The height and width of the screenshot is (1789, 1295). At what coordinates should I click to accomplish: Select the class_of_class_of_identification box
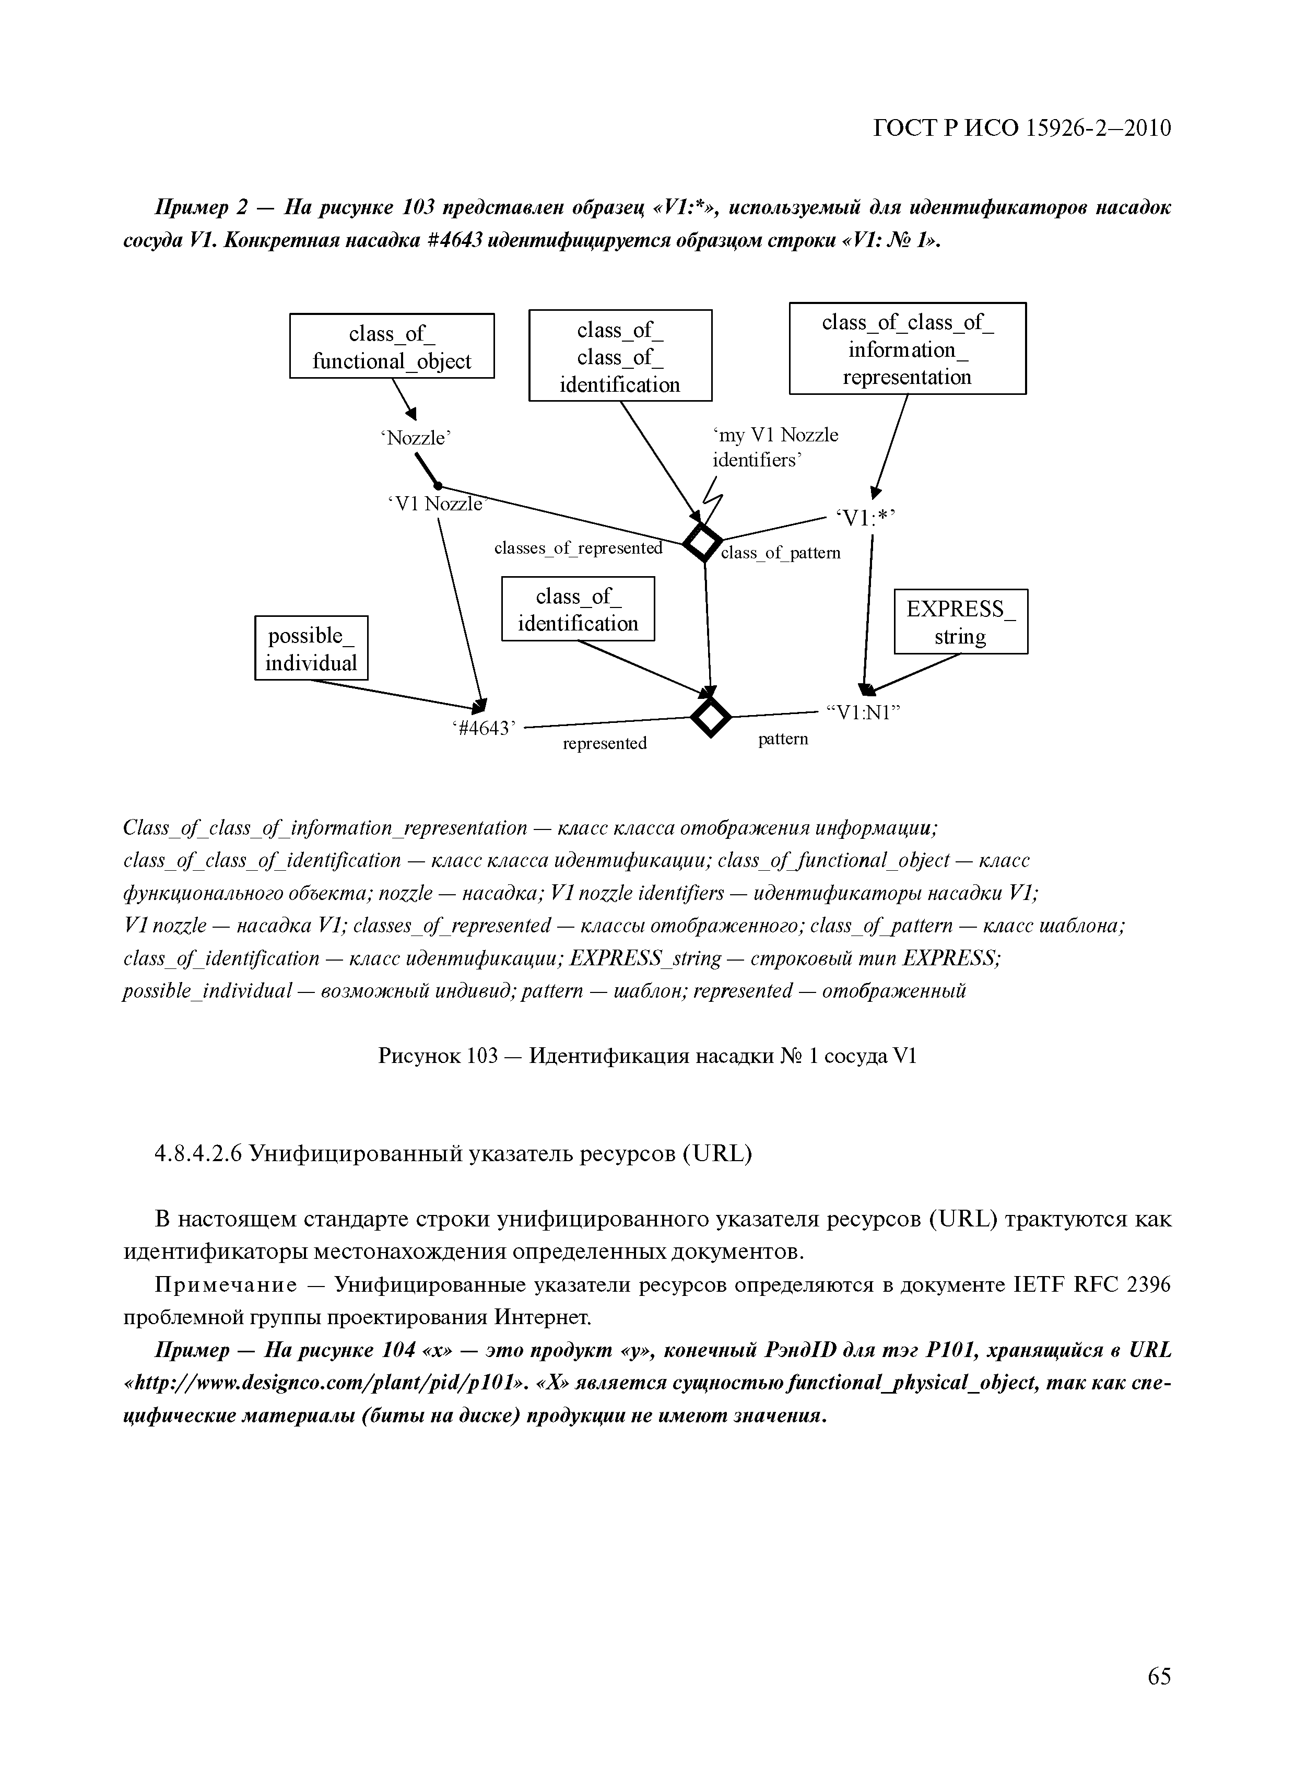[620, 356]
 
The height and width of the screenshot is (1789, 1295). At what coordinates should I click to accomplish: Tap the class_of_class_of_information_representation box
[907, 348]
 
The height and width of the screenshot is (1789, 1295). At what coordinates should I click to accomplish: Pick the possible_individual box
[311, 648]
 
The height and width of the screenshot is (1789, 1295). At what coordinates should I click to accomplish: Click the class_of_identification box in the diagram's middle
[578, 609]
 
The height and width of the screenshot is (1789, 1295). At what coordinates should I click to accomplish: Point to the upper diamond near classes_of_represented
[702, 542]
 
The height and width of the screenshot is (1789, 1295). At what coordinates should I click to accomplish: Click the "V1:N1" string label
[863, 712]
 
